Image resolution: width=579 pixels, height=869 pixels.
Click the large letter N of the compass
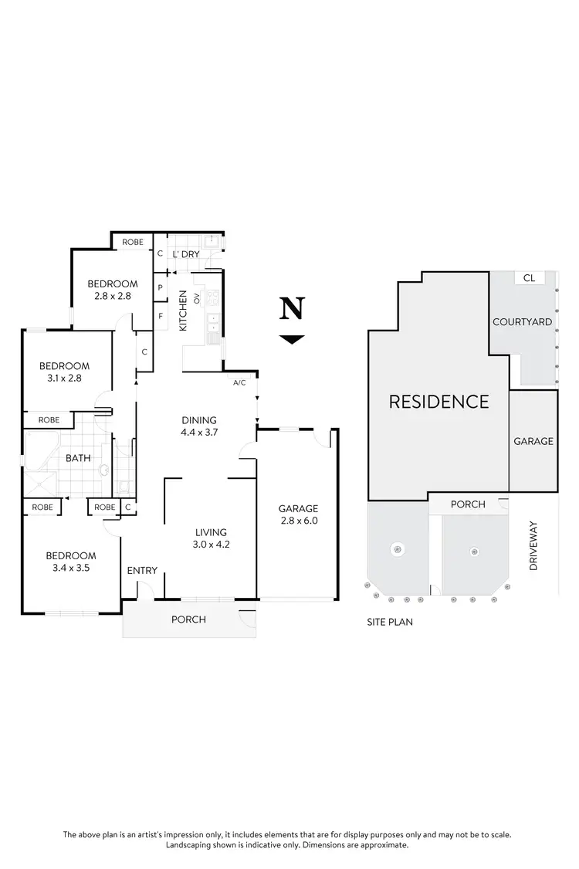click(x=291, y=309)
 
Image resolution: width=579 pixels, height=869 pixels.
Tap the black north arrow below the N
click(x=291, y=339)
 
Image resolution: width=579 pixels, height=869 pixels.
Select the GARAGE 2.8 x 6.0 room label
click(x=299, y=514)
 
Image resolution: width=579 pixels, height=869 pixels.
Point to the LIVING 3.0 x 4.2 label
click(x=211, y=538)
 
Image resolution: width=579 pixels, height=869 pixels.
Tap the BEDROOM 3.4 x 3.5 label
click(x=70, y=562)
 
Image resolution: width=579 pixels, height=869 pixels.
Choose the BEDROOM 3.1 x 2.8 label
click(x=65, y=372)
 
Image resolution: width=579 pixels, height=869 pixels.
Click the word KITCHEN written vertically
click(x=184, y=311)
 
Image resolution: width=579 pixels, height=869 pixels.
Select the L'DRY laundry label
click(x=186, y=254)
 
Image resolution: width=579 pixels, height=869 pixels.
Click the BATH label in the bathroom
click(x=78, y=458)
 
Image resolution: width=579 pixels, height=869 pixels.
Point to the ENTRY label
click(x=142, y=571)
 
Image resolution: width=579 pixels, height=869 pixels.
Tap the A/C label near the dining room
click(x=239, y=383)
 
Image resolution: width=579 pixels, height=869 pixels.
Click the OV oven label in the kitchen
click(x=197, y=297)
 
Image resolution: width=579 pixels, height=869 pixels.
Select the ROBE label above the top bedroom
click(x=133, y=243)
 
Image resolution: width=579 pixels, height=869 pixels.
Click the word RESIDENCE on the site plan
click(x=438, y=402)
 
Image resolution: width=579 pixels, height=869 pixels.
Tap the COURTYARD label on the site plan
click(x=523, y=322)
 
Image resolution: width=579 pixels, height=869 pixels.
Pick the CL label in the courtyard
click(x=529, y=278)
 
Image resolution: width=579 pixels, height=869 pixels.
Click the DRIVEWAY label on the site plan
click(x=533, y=546)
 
